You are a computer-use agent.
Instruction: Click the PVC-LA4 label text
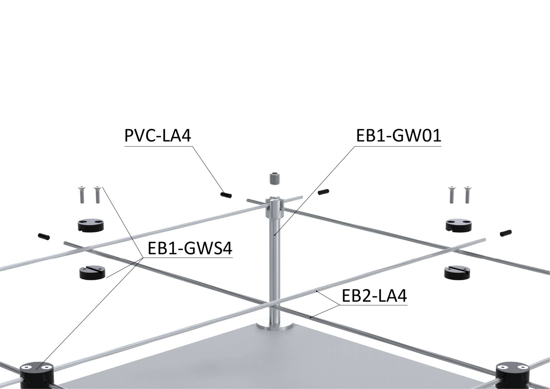(x=158, y=136)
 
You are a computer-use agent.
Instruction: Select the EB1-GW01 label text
(x=398, y=136)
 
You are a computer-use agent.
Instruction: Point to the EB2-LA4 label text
(x=374, y=296)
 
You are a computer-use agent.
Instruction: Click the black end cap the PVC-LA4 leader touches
(x=226, y=195)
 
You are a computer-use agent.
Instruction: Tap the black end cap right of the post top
(x=324, y=191)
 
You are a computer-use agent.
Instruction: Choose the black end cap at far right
(x=505, y=233)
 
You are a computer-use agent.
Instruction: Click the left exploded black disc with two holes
(x=90, y=225)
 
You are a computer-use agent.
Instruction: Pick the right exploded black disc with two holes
(x=459, y=224)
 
